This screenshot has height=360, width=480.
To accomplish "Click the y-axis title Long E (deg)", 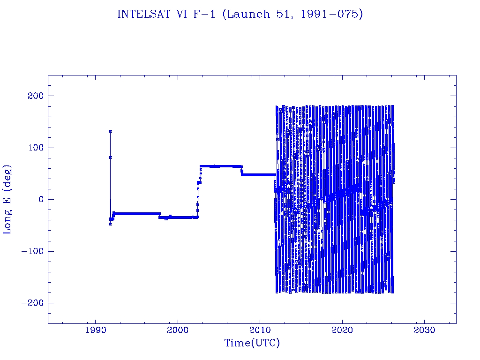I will pos(7,199).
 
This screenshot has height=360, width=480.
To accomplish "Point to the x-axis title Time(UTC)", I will pos(252,343).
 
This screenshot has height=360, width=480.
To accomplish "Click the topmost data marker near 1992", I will pos(110,131).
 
